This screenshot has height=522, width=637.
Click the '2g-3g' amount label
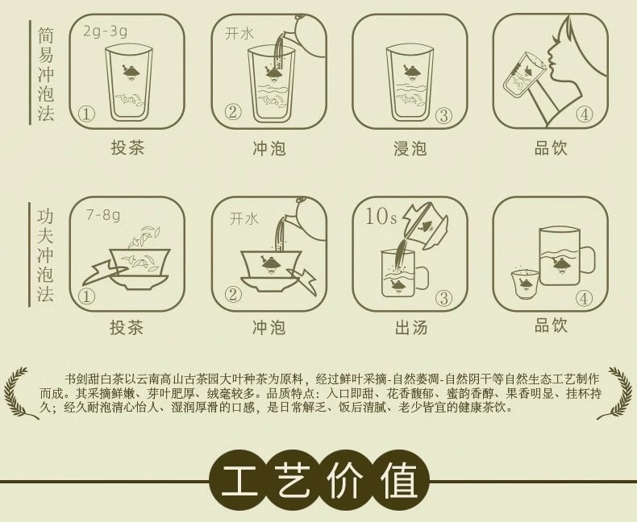pyautogui.click(x=105, y=31)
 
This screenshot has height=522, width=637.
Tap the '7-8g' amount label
pyautogui.click(x=102, y=215)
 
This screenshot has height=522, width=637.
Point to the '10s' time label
pyautogui.click(x=381, y=217)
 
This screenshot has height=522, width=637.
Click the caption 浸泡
pyautogui.click(x=410, y=148)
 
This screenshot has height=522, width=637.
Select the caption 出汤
pyautogui.click(x=410, y=327)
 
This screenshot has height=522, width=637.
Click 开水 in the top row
pyautogui.click(x=239, y=34)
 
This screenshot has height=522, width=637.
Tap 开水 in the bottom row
pyautogui.click(x=244, y=219)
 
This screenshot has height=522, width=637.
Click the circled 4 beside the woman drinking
pyautogui.click(x=585, y=115)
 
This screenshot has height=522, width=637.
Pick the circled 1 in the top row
pyautogui.click(x=86, y=114)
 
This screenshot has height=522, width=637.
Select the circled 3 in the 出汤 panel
pyautogui.click(x=443, y=299)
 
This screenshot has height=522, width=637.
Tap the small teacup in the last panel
pyautogui.click(x=524, y=284)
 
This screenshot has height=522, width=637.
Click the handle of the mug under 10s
pyautogui.click(x=421, y=278)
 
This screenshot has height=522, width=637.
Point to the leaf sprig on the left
pyautogui.click(x=19, y=392)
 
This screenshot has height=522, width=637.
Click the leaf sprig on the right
pyautogui.click(x=618, y=392)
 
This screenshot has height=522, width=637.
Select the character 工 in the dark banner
pyautogui.click(x=240, y=480)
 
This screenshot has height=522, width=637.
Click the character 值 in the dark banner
pyautogui.click(x=398, y=480)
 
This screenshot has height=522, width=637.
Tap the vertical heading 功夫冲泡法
pyautogui.click(x=45, y=255)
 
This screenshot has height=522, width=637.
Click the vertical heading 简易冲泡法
pyautogui.click(x=45, y=74)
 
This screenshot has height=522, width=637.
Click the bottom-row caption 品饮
pyautogui.click(x=551, y=325)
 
